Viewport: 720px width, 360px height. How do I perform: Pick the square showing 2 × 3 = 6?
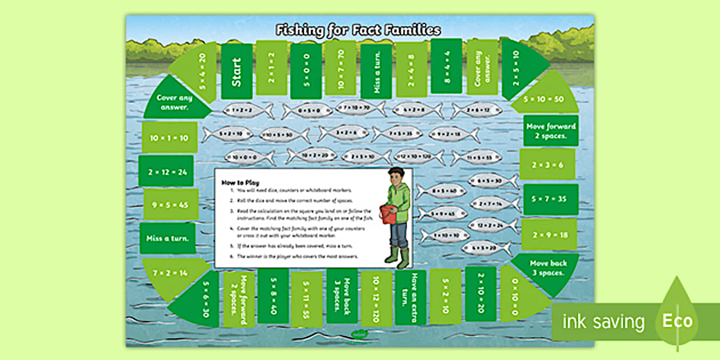547,165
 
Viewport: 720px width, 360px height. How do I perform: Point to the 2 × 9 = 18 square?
549,234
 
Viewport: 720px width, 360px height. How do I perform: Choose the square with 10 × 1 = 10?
169,138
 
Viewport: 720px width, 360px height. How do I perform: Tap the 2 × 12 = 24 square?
166,170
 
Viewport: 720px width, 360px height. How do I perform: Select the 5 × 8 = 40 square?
273,295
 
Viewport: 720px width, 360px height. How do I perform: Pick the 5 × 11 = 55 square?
307,299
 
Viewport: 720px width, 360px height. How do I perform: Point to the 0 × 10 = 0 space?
516,292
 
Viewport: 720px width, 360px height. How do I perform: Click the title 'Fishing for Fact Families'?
358,30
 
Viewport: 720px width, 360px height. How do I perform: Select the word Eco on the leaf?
677,321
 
